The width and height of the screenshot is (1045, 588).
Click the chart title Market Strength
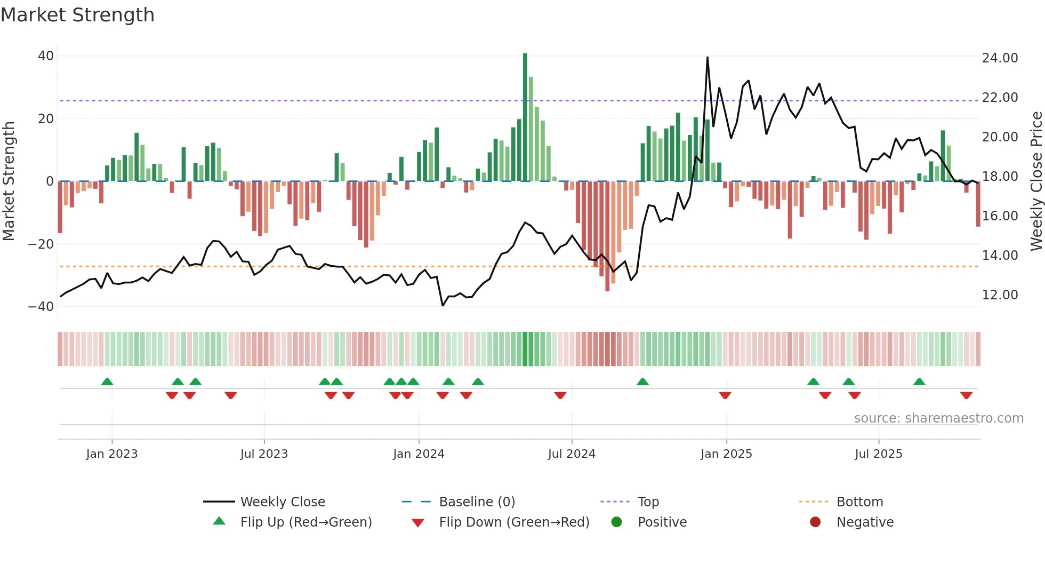click(77, 15)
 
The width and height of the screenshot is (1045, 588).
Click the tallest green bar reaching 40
click(525, 117)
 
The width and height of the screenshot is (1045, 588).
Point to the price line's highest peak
click(708, 58)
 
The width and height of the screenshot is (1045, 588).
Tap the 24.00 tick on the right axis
click(1000, 58)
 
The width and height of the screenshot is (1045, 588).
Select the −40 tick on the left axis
click(41, 307)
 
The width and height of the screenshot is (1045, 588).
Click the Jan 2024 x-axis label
click(419, 454)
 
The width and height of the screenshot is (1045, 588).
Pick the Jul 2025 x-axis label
click(878, 454)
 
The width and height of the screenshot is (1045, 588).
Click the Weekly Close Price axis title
click(1036, 181)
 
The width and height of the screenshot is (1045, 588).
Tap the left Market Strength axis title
click(9, 181)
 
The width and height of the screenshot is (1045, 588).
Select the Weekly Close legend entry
click(282, 502)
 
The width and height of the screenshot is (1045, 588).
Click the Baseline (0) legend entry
click(477, 502)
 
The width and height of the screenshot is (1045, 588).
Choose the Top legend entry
click(648, 502)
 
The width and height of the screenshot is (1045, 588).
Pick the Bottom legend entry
click(859, 502)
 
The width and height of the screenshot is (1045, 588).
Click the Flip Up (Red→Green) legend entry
click(306, 522)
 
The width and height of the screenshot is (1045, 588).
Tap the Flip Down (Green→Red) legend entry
click(514, 522)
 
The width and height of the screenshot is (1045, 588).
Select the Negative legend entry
click(865, 522)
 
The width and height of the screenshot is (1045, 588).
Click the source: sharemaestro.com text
click(938, 418)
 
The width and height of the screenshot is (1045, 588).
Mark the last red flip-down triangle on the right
click(966, 395)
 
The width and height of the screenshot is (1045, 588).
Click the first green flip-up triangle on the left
click(107, 382)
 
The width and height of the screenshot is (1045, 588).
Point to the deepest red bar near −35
click(607, 236)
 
